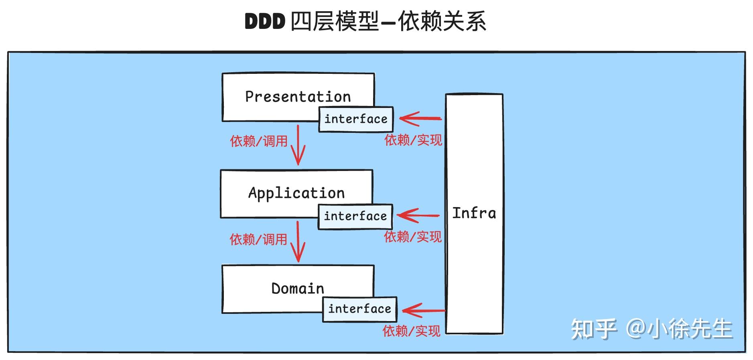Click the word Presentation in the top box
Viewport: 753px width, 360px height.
point(298,97)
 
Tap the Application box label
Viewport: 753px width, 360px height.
point(296,193)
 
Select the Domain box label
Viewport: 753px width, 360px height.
point(298,289)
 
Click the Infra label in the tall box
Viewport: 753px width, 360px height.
point(474,213)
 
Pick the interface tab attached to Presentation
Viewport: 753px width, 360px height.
point(356,119)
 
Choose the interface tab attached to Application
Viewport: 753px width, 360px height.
point(355,216)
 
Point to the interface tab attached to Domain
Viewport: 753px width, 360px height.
point(359,309)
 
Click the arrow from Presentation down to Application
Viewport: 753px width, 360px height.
point(298,146)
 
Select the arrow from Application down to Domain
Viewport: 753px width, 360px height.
point(298,242)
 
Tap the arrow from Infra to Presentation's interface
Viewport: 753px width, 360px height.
point(420,118)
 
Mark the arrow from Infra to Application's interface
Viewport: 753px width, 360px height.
point(418,216)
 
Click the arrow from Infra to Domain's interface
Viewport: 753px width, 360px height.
point(423,310)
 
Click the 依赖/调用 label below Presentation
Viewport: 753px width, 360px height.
point(259,141)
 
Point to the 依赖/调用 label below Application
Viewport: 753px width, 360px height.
point(258,240)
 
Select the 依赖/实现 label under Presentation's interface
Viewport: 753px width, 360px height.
point(413,140)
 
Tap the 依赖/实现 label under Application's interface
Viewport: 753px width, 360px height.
point(413,237)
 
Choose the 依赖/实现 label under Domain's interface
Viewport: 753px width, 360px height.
point(411,331)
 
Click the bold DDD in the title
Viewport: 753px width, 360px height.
point(265,21)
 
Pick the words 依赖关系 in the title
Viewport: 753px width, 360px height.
point(442,21)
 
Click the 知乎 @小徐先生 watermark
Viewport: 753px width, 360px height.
point(652,329)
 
